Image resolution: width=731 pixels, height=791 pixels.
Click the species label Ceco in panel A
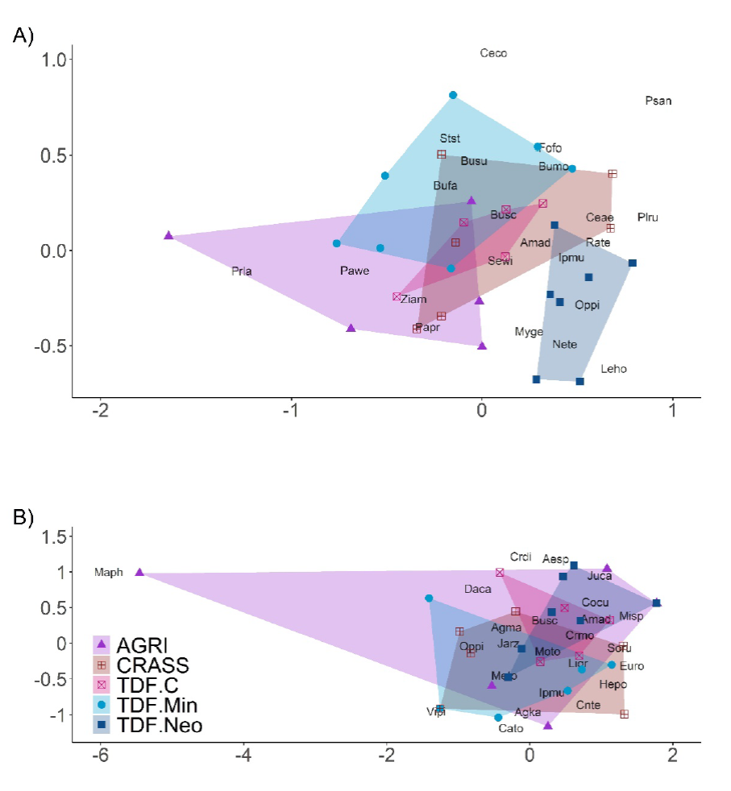tap(493, 54)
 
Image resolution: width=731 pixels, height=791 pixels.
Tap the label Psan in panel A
tap(658, 101)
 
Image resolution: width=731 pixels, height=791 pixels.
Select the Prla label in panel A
tap(241, 271)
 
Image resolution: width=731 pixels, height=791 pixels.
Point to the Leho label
tap(613, 369)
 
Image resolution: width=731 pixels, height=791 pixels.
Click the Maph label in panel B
tap(109, 573)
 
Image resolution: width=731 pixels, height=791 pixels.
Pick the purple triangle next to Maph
tap(139, 572)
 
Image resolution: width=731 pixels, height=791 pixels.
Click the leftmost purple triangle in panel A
tap(168, 235)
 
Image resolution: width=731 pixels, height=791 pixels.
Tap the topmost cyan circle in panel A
tap(453, 95)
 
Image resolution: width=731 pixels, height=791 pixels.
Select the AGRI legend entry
tap(142, 645)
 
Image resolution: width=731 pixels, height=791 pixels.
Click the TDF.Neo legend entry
tap(159, 726)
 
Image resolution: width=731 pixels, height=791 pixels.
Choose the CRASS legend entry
tap(152, 665)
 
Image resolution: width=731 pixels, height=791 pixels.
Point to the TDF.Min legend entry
tap(156, 706)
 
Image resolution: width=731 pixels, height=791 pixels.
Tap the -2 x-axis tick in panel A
tap(100, 409)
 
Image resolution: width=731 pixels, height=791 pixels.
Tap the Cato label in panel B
tap(511, 728)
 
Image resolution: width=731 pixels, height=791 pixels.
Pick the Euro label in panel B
tap(632, 666)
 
